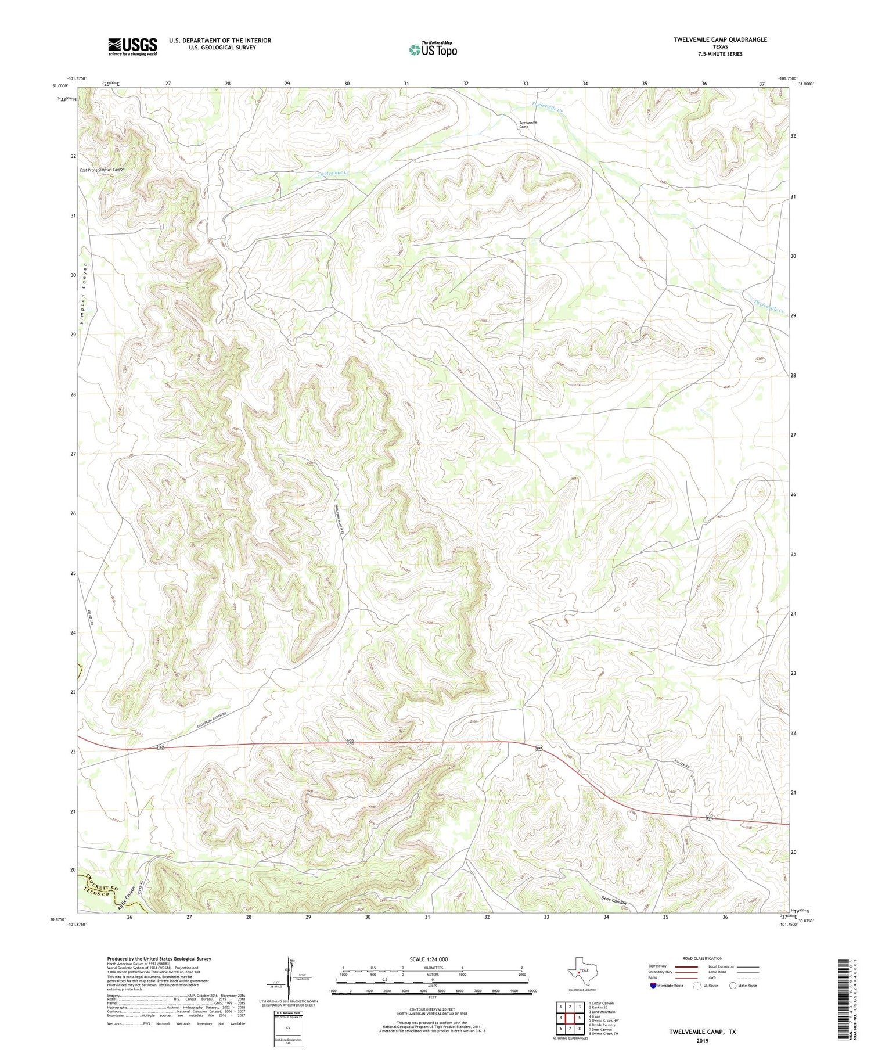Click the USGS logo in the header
tap(132, 46)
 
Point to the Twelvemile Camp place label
tap(527, 124)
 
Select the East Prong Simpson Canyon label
tap(102, 170)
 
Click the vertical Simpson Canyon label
tap(84, 296)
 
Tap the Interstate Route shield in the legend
tap(653, 986)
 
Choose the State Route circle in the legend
tap(733, 986)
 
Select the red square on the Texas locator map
tap(578, 971)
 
